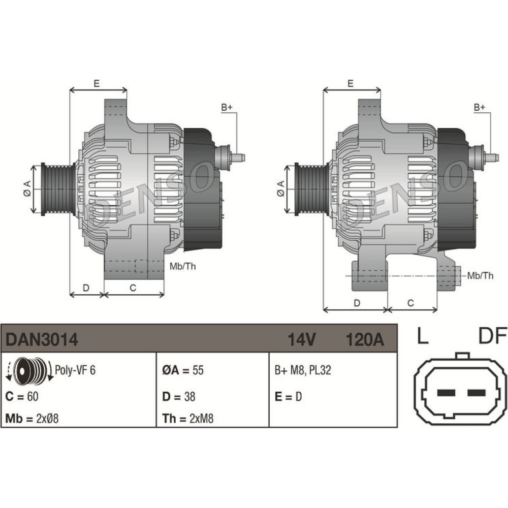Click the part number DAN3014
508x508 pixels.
click(42, 340)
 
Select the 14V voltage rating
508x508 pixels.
click(301, 340)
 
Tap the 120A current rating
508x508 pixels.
click(364, 340)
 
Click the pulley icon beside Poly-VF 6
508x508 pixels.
click(29, 370)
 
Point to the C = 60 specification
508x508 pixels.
click(22, 397)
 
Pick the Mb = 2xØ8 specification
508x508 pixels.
click(32, 419)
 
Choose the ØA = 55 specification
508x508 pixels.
click(183, 370)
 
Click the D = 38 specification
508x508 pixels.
click(179, 397)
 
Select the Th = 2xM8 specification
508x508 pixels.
click(188, 419)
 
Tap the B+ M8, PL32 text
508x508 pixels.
click(303, 370)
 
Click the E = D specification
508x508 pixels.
click(288, 397)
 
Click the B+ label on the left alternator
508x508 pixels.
click(227, 107)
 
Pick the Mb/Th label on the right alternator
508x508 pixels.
click(480, 276)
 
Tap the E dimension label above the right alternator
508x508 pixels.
click(350, 83)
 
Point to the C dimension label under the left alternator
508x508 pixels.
click(133, 288)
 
